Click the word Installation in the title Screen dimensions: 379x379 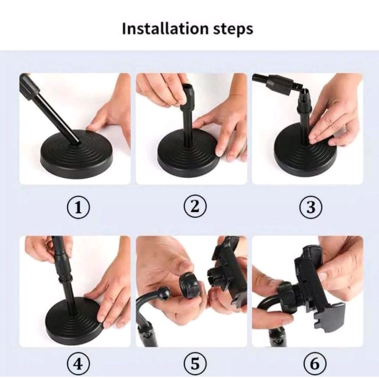[x=165, y=28]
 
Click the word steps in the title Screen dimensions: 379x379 [x=233, y=29]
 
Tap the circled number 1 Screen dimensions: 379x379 [x=78, y=208]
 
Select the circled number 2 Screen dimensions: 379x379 [x=195, y=207]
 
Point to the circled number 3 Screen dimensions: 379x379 [x=311, y=207]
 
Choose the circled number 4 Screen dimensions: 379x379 [x=78, y=364]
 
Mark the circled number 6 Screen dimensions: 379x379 [x=315, y=364]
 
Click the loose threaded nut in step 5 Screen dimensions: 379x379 [x=189, y=285]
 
